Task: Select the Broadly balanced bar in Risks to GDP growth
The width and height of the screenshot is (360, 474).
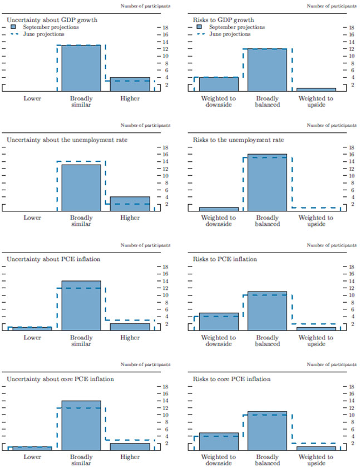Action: pos(267,70)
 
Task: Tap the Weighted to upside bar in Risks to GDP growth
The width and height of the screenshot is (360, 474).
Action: pos(316,89)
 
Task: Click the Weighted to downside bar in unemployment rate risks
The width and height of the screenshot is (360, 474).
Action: pos(219,209)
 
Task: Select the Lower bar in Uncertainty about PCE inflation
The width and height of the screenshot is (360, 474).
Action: pos(32,328)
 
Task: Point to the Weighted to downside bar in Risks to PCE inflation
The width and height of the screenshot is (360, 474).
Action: pos(219,322)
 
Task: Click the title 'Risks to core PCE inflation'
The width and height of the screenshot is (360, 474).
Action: pos(231,379)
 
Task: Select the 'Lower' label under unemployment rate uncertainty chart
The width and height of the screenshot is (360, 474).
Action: pos(32,218)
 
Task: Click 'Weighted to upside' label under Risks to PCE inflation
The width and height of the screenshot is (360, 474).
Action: pos(316,341)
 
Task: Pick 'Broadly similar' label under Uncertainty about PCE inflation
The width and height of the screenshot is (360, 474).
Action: pos(81,341)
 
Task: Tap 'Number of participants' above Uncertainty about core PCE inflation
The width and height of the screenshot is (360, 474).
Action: pos(146,365)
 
